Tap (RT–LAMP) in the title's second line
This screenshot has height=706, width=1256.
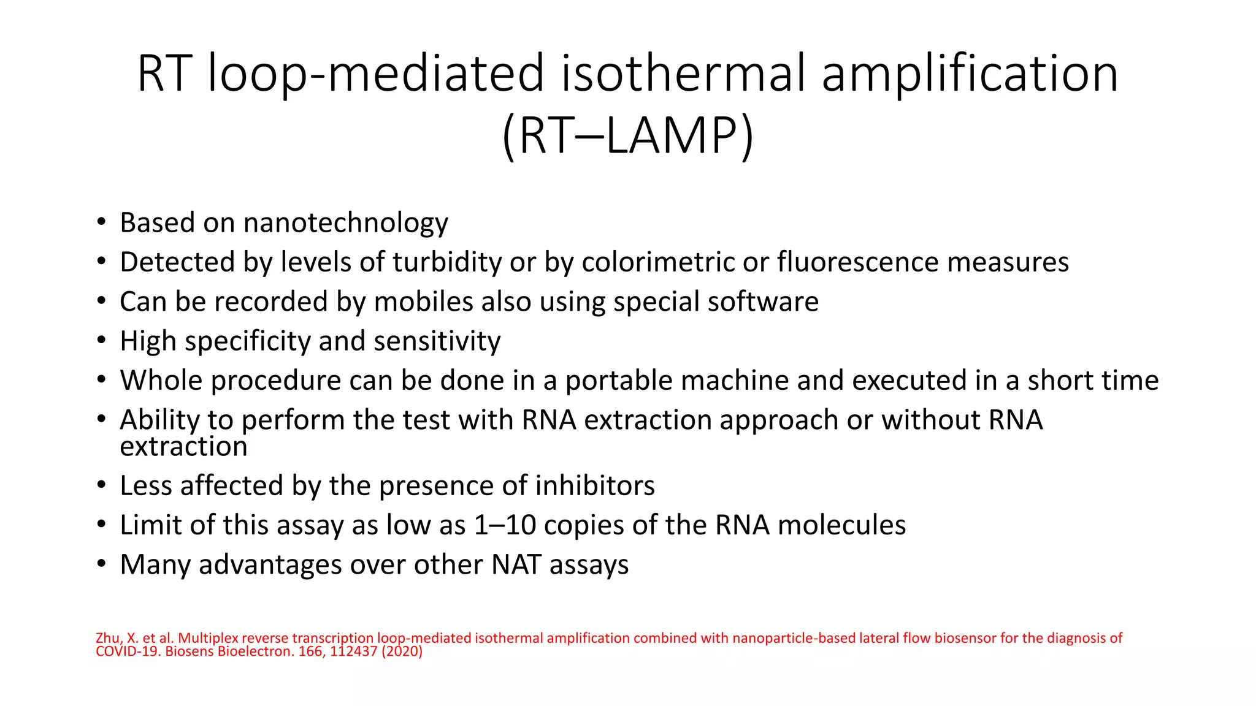tap(627, 135)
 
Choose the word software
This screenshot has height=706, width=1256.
tap(762, 302)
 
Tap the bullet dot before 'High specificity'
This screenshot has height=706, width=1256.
tap(101, 341)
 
